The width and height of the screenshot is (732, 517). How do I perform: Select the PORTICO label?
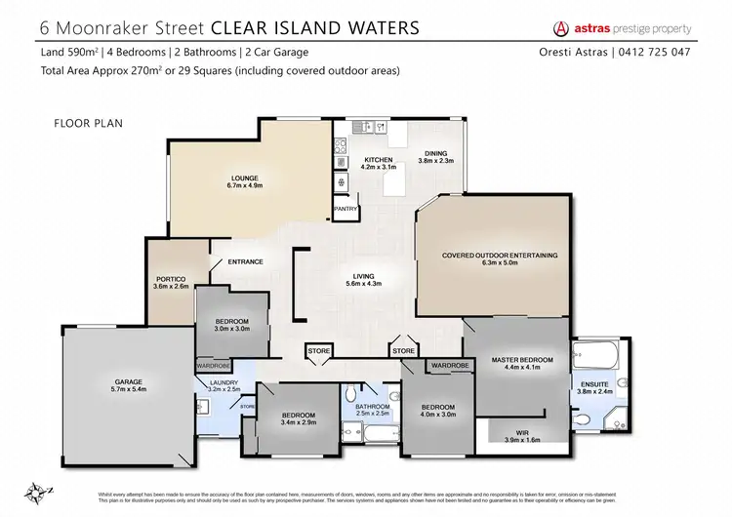[x=169, y=279]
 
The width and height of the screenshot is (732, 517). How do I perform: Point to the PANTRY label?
[x=346, y=208]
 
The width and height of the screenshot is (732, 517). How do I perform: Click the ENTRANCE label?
[x=245, y=261]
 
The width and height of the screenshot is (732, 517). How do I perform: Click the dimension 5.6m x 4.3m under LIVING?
[x=363, y=284]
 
